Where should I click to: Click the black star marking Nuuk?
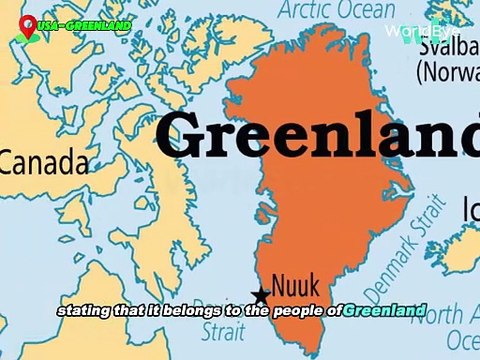pos(261,295)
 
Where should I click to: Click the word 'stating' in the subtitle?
pos(84,310)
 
